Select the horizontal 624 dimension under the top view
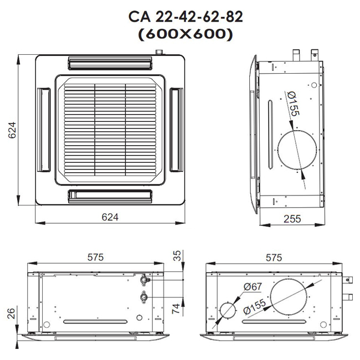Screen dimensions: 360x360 tap(110, 218)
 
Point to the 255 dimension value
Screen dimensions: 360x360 tap(291, 219)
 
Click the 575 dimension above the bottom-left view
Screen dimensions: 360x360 tap(95, 258)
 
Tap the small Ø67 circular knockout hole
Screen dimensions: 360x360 tap(228, 311)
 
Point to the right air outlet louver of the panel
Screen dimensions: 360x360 tap(177, 128)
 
